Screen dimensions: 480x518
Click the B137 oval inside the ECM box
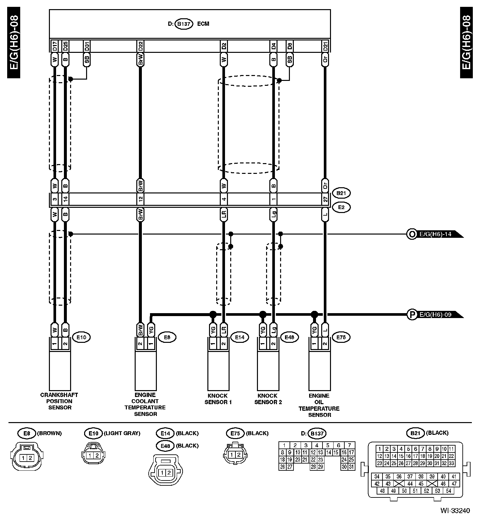(184, 24)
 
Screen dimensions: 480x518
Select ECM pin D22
(141, 46)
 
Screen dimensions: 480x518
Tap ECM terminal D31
(86, 46)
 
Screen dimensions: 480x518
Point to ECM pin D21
(325, 46)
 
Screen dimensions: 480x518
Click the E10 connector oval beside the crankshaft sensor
(81, 337)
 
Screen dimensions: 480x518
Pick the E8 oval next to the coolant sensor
(167, 337)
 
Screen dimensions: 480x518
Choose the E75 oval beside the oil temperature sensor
(341, 337)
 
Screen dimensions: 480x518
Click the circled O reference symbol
(412, 234)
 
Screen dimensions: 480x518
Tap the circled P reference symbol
(412, 315)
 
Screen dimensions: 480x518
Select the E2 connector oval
(341, 207)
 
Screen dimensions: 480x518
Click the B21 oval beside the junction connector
(341, 193)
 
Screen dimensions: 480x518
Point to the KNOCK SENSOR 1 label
(218, 399)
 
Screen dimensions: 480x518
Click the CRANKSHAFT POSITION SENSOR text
(59, 401)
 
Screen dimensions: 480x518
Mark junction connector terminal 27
(325, 199)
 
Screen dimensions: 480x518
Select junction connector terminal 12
(141, 199)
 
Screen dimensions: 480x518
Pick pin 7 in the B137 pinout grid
(350, 445)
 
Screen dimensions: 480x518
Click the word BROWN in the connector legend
(49, 433)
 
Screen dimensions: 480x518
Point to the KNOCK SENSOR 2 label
(268, 399)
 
